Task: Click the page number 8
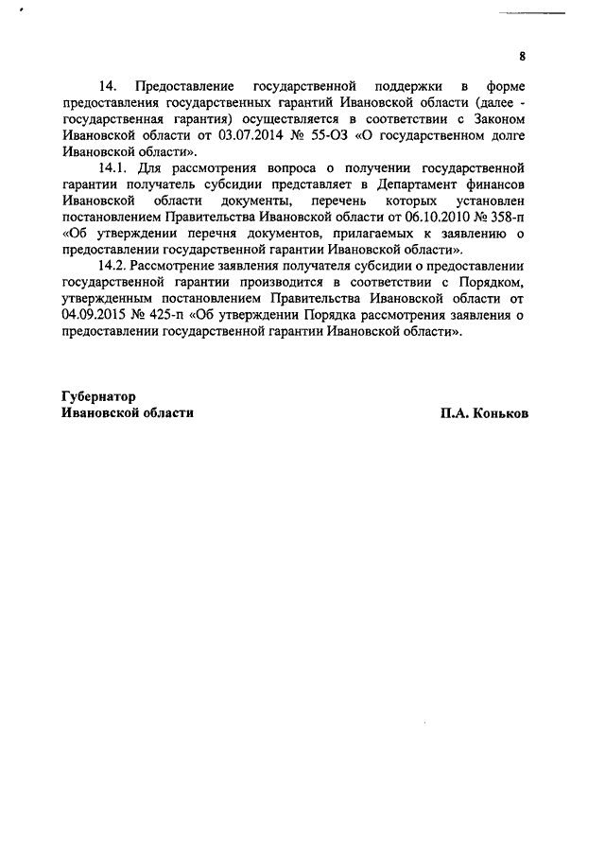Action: click(x=523, y=56)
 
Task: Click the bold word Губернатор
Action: click(x=98, y=396)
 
